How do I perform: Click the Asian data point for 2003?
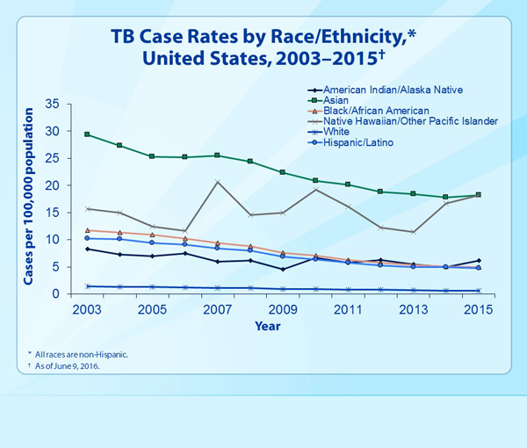point(87,134)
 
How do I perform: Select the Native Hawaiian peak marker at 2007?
point(217,182)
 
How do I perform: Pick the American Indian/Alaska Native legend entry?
point(393,90)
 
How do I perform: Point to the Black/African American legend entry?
point(376,111)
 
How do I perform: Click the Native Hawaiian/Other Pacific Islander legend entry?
point(410,121)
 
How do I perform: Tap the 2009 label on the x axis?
point(282,311)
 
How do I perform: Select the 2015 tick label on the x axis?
point(477,311)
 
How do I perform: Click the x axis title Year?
point(282,325)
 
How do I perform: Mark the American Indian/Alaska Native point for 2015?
point(477,260)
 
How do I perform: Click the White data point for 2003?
point(87,286)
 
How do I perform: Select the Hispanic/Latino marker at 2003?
point(87,238)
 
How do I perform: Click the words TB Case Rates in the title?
point(171,37)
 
